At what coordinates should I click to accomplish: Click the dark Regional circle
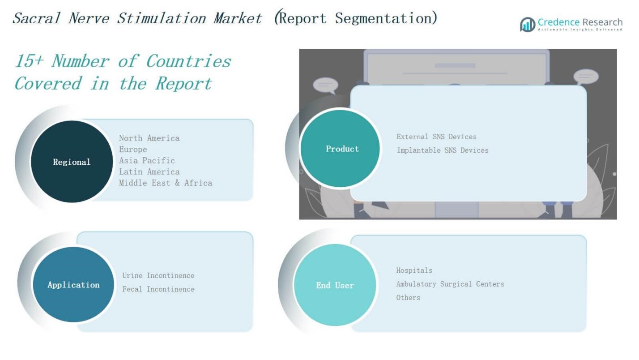point(72,162)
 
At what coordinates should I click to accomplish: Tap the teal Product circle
point(341,149)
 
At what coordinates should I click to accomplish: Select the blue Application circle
point(73,285)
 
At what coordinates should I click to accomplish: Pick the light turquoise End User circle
point(335,285)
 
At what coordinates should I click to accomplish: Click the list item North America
point(149,138)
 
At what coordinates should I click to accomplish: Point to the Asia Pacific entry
point(147,160)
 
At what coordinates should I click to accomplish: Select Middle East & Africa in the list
point(166,183)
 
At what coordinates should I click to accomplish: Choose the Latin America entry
point(149,172)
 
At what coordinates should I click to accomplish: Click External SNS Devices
point(436,137)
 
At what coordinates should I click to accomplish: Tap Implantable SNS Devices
point(443,150)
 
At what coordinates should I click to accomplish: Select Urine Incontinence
point(158,275)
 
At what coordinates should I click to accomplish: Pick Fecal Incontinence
point(158,289)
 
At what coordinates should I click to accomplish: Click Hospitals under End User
point(414,270)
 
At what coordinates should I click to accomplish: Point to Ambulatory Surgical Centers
point(450,284)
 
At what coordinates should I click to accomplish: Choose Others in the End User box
point(408,298)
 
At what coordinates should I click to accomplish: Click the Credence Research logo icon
point(528,25)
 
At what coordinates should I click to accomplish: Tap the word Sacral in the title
point(37,18)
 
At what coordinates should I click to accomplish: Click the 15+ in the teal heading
point(29,61)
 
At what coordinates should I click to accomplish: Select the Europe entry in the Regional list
point(133,149)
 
